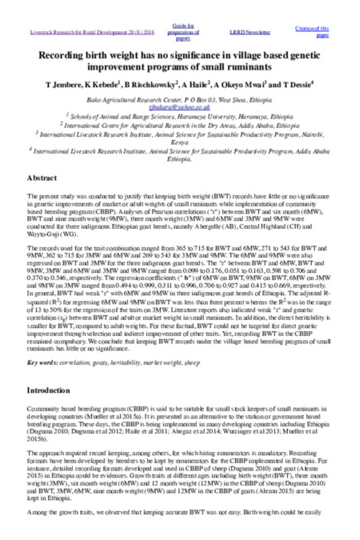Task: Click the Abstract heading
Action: [x=42, y=178]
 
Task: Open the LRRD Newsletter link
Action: [x=250, y=31]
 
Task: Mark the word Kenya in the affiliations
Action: [x=180, y=143]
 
